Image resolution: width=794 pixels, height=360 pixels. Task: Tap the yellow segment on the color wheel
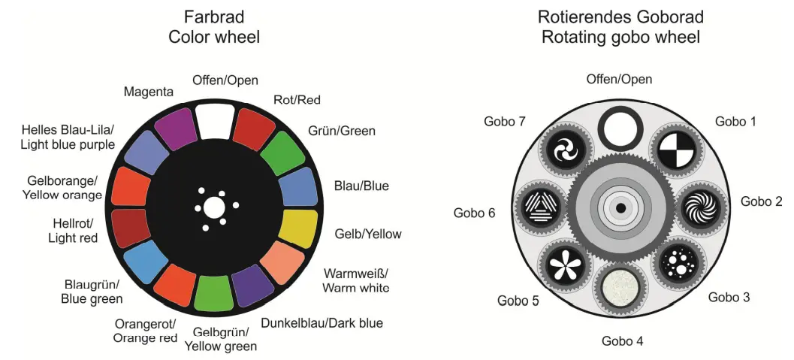(299, 228)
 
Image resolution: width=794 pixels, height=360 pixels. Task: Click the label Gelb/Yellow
(367, 234)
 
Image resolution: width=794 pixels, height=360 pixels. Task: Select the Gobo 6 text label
(474, 213)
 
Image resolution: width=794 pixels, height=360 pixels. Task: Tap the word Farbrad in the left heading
(214, 17)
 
